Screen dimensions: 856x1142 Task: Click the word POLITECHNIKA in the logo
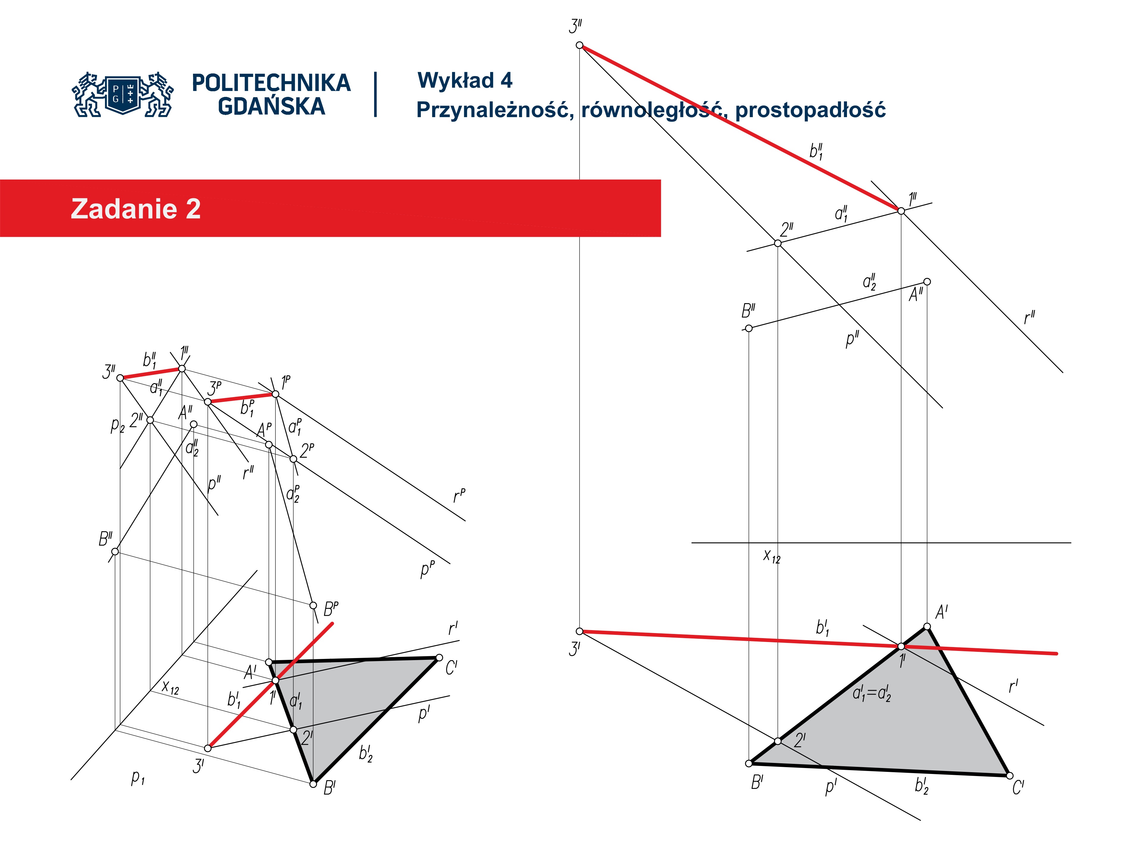click(x=271, y=83)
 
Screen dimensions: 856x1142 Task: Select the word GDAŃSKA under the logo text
click(x=271, y=106)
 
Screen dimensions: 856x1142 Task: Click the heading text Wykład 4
click(x=465, y=81)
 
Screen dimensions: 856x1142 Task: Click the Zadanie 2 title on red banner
click(x=136, y=208)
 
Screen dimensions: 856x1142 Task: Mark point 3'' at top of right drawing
click(x=579, y=45)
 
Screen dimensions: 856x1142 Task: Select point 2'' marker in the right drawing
click(x=777, y=243)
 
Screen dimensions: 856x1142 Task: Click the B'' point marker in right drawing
click(x=749, y=328)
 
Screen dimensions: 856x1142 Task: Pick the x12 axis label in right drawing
click(x=771, y=556)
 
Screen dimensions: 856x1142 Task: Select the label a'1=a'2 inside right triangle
click(x=871, y=694)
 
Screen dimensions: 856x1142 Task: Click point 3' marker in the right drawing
click(x=579, y=631)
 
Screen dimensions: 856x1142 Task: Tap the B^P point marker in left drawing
click(x=313, y=605)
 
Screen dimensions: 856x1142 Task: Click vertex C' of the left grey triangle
click(x=439, y=657)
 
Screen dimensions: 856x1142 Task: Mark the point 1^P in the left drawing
click(x=275, y=394)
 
